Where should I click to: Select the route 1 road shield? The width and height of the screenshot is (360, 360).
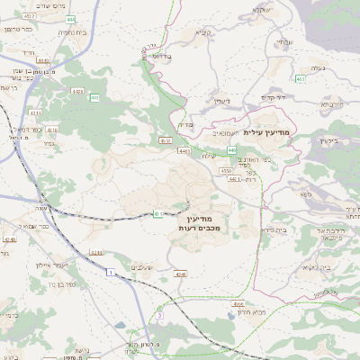[x=109, y=272]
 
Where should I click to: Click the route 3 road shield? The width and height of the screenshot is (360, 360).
[x=160, y=316]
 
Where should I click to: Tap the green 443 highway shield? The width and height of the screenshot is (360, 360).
[x=232, y=149]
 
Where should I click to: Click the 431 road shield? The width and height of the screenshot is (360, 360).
[x=157, y=214]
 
